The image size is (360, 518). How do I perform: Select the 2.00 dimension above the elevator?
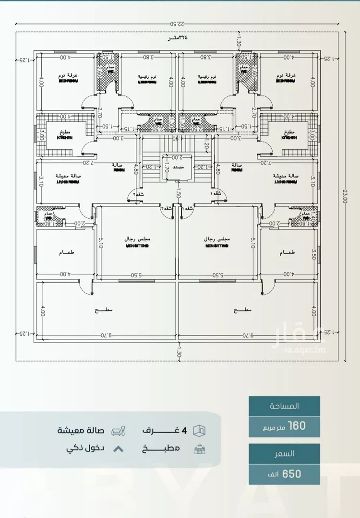177,157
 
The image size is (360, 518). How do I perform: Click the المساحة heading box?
284,406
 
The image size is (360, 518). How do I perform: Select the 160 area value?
295,425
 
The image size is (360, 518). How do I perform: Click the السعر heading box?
284,453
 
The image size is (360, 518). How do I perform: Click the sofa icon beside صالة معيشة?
119,431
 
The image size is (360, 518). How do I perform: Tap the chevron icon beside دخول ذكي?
119,449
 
